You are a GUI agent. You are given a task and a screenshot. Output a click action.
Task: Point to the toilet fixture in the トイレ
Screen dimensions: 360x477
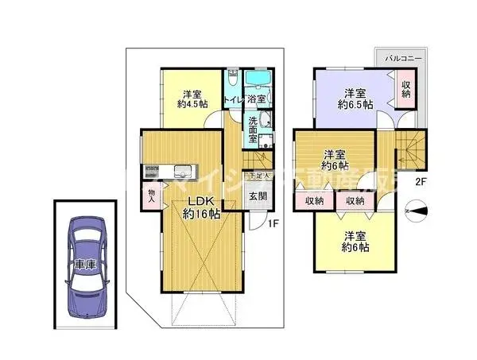231,79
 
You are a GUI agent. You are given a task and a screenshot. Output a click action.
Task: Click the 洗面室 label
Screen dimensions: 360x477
253,130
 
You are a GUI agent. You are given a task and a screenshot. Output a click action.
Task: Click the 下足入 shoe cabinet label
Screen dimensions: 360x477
258,176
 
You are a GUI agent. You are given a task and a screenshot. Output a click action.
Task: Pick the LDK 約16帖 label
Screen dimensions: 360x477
198,207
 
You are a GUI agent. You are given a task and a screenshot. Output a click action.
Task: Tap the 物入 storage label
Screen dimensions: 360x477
149,196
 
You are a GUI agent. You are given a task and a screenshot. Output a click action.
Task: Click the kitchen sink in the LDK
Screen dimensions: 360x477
180,169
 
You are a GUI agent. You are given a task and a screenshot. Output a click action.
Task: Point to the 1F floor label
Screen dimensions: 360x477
271,223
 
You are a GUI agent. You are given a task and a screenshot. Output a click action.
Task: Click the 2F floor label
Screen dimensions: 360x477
421,181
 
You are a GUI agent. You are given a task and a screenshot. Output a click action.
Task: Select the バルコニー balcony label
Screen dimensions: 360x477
404,59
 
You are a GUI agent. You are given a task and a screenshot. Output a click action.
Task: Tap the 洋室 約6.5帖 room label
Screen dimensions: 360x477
351,97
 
